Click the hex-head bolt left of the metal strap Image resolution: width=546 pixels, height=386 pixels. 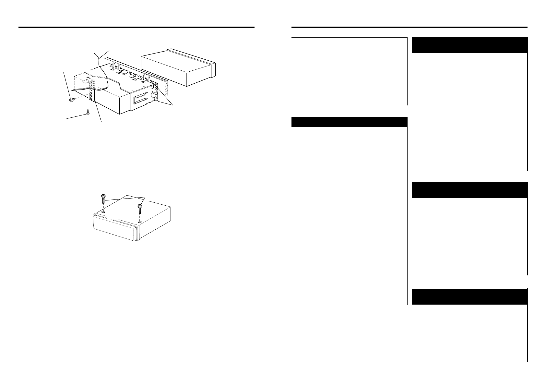(72, 99)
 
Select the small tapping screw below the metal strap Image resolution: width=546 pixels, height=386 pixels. (88, 114)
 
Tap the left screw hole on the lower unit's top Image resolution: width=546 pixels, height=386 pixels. (103, 211)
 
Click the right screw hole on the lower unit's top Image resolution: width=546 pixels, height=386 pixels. (139, 222)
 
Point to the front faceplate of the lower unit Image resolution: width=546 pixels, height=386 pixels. (113, 229)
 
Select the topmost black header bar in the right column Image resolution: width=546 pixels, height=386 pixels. (469, 45)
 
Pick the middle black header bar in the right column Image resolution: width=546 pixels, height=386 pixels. (469, 190)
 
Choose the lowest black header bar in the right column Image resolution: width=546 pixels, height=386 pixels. (469, 296)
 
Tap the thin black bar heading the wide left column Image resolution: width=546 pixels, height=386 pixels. (349, 122)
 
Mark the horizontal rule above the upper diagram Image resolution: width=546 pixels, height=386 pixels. (136, 27)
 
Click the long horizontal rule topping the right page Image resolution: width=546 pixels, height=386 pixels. (409, 27)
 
